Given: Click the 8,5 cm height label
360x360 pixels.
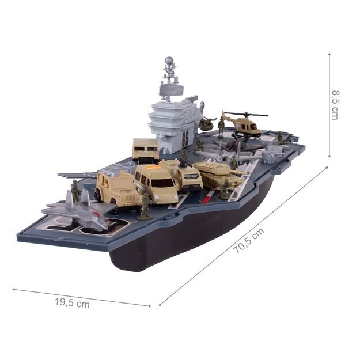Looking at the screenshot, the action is click(x=335, y=105).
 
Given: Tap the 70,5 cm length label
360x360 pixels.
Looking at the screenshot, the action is click(x=249, y=241).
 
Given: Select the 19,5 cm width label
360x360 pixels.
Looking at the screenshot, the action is click(x=72, y=302).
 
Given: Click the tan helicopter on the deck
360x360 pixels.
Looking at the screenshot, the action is click(x=245, y=124).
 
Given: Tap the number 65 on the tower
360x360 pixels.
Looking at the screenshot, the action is click(x=185, y=138).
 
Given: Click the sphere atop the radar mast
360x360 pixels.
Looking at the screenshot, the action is click(x=169, y=60).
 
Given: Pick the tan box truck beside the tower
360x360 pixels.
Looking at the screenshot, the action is click(x=146, y=149).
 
